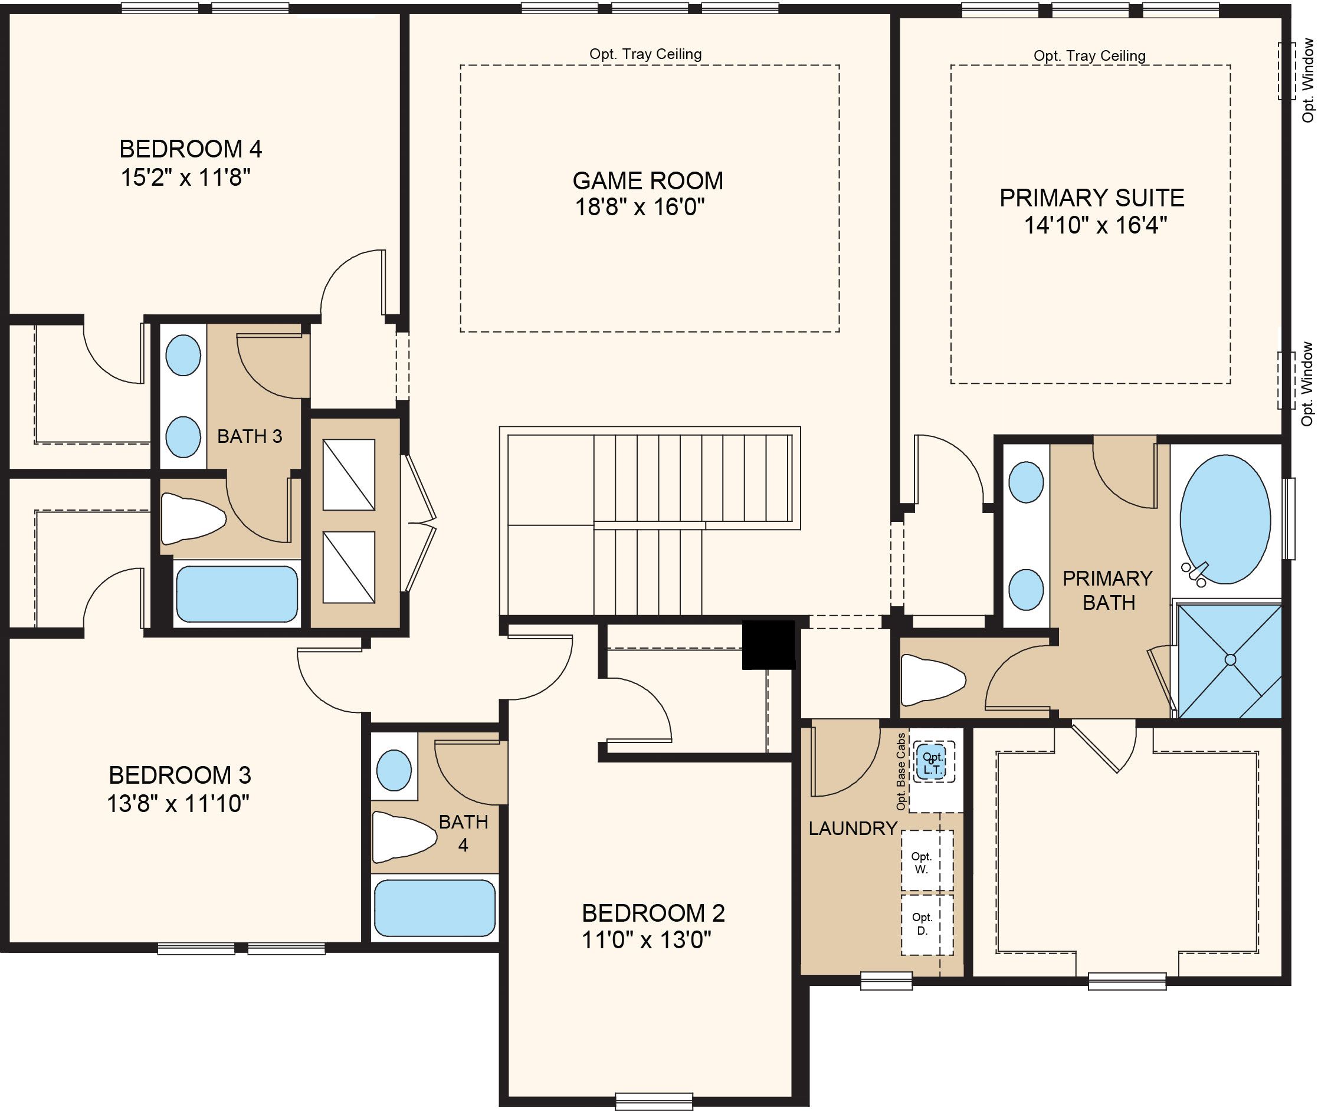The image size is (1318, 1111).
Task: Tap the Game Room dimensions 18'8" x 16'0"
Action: coord(640,207)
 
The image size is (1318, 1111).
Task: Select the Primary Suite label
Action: coord(1092,198)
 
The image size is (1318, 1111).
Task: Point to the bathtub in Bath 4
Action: coord(435,908)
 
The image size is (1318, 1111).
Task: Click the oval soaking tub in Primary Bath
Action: coord(1225,520)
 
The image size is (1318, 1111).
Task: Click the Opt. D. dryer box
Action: coord(927,924)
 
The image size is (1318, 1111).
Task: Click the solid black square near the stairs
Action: coord(768,645)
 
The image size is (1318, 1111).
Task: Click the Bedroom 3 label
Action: coord(179,775)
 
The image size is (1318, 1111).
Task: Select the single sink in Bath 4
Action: coord(394,770)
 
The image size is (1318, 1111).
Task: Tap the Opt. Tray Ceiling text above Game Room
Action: coord(645,54)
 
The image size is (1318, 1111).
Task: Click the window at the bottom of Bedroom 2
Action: coord(653,1101)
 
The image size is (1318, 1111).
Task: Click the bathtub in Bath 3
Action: coord(237,594)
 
